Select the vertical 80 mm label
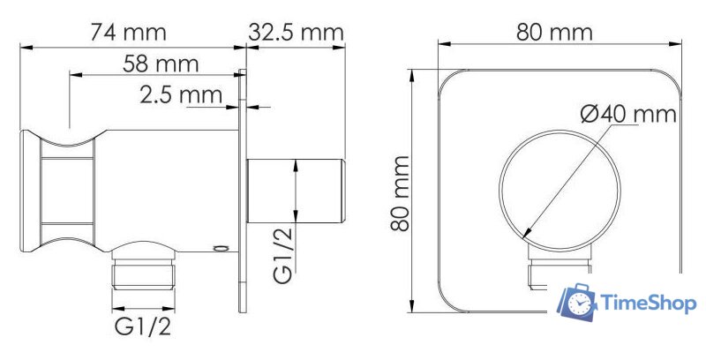(x=401, y=192)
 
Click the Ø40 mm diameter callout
(x=628, y=114)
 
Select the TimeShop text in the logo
(x=649, y=304)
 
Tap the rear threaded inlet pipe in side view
(x=296, y=191)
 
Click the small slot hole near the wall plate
(x=221, y=250)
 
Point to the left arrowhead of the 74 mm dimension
(x=24, y=45)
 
